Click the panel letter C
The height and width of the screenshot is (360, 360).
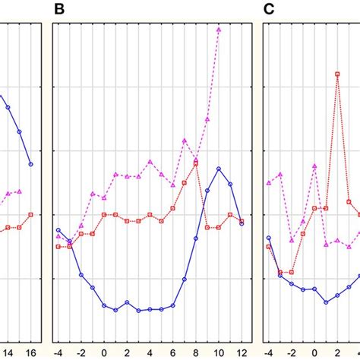(x=269, y=10)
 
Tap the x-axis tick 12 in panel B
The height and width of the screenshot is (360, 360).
(x=242, y=352)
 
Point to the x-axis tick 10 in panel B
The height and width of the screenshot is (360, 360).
(x=219, y=352)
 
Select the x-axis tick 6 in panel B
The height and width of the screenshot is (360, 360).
(x=173, y=352)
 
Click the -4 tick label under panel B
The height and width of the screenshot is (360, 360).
(x=58, y=352)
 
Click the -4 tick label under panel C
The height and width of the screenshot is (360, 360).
(x=268, y=352)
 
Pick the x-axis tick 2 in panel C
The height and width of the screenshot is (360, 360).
(x=337, y=352)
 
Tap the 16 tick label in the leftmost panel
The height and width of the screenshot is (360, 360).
(x=30, y=352)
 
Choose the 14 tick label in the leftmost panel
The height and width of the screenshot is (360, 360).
(x=8, y=352)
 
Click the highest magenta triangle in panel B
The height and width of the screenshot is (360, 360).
(x=219, y=30)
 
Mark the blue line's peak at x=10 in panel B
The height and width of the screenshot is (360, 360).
(x=219, y=169)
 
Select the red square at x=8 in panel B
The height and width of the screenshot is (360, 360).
(x=196, y=162)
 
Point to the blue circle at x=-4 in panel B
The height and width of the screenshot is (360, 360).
(x=58, y=229)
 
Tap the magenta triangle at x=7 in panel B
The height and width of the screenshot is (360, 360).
(x=185, y=140)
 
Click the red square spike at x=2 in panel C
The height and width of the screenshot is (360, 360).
(x=337, y=74)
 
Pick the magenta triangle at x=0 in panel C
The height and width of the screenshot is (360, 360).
(x=314, y=165)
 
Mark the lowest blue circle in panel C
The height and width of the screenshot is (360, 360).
(x=326, y=302)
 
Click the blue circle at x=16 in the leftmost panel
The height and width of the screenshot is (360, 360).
(x=30, y=164)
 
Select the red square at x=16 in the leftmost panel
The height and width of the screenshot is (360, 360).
(x=30, y=214)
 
